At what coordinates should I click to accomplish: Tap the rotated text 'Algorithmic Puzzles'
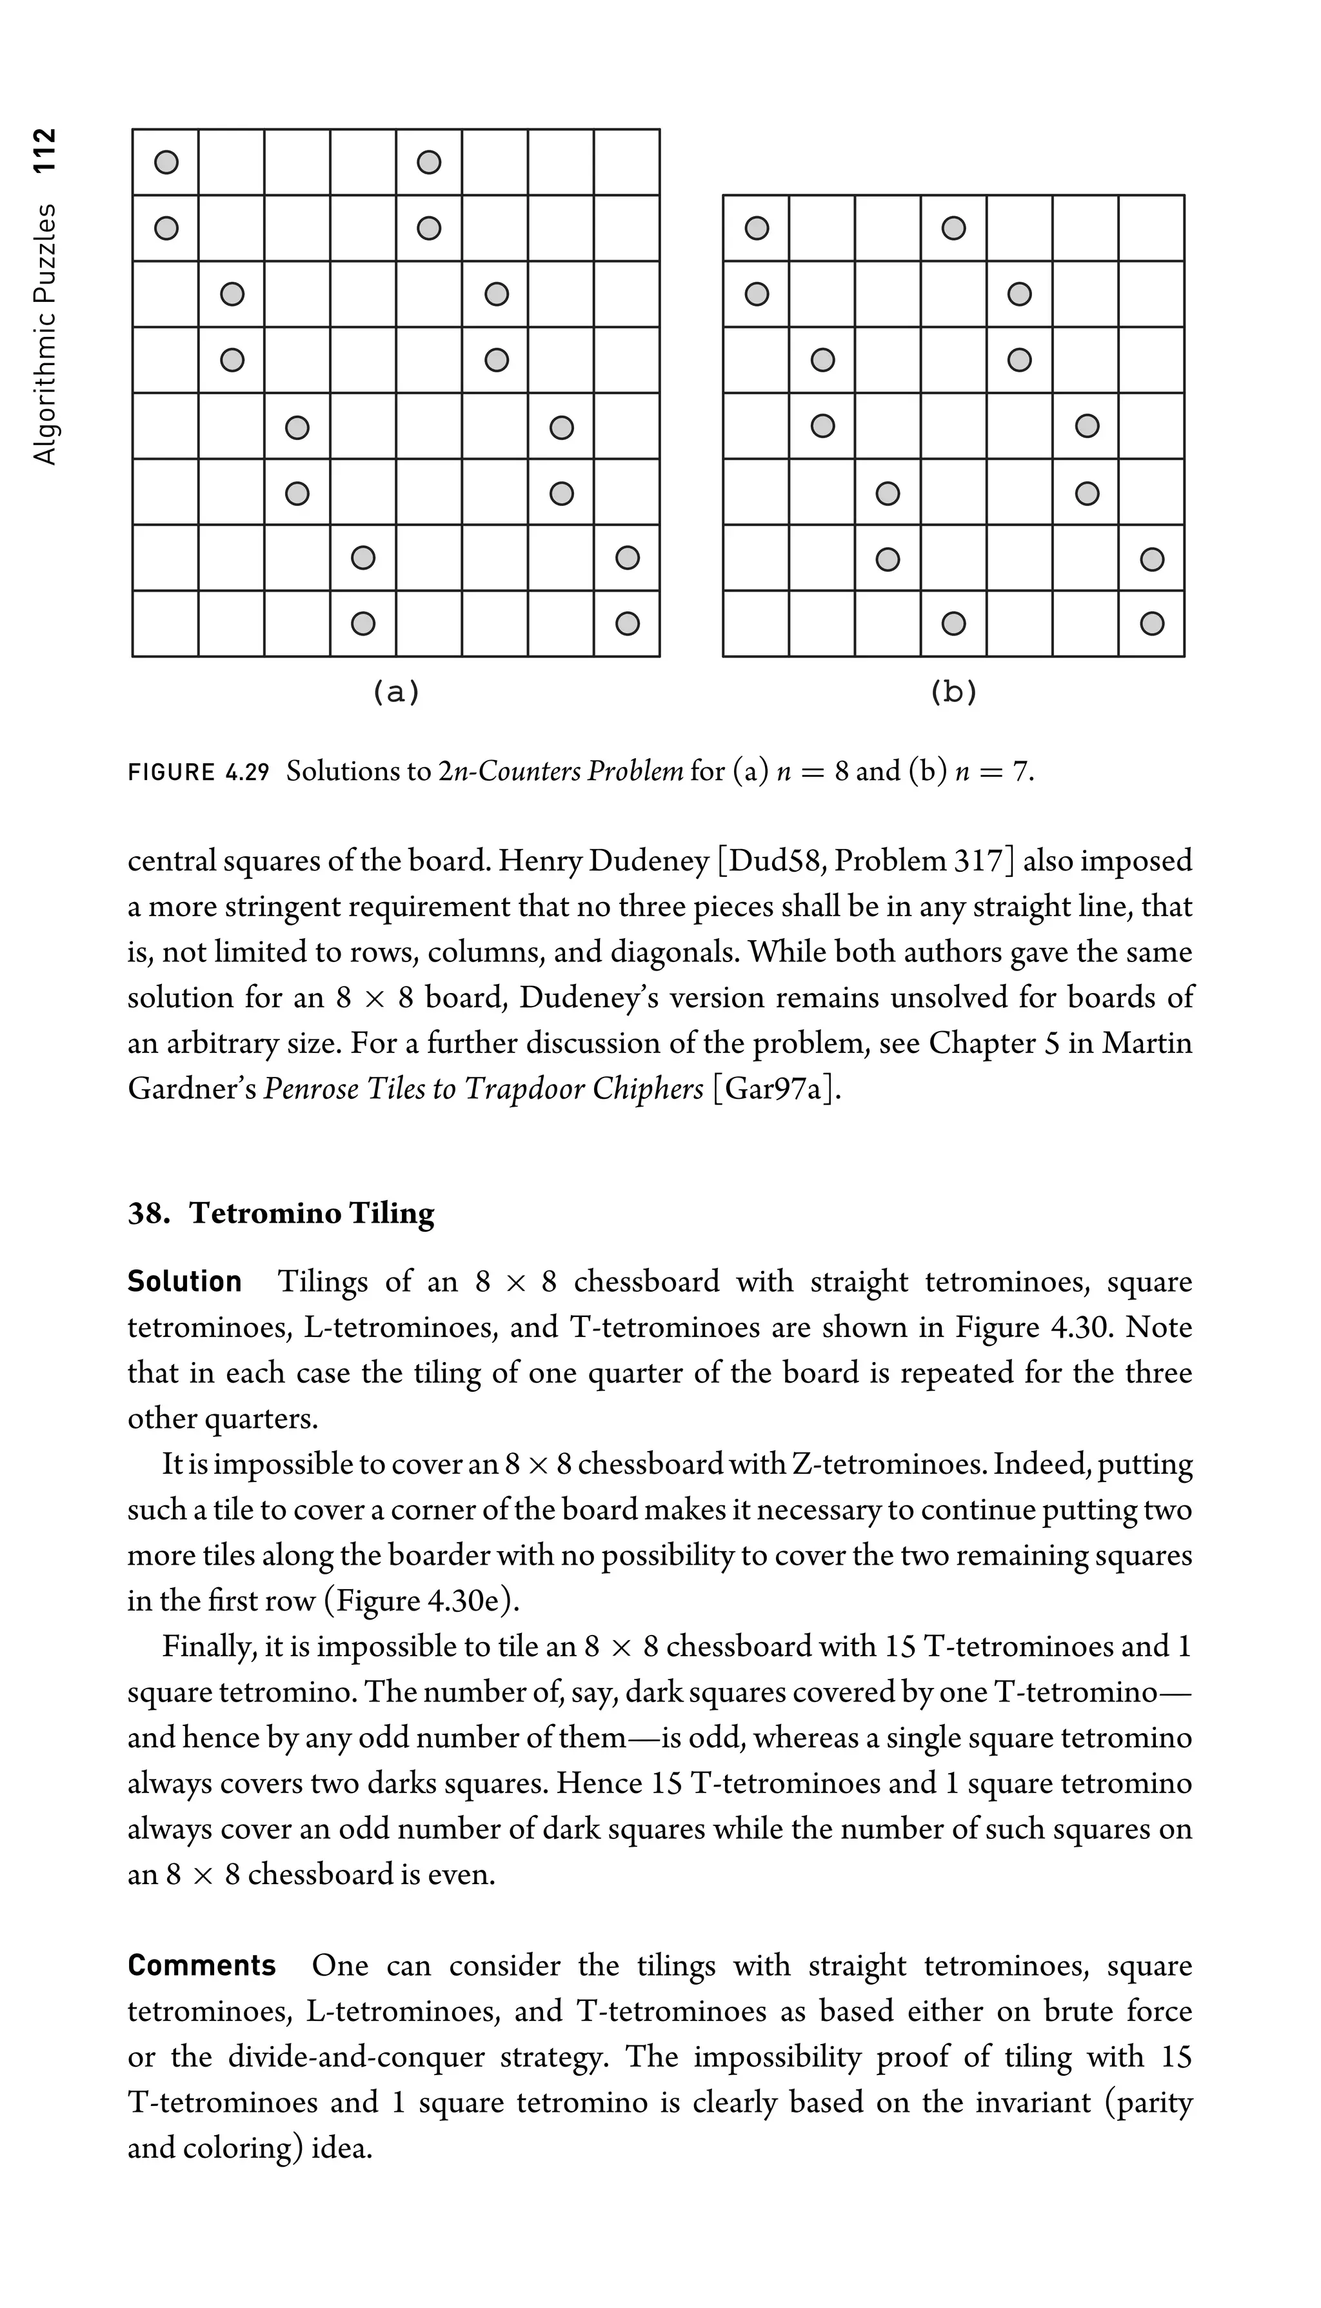(x=44, y=334)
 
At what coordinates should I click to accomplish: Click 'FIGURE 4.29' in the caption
(x=199, y=772)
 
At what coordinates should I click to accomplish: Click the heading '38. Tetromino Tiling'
(x=281, y=1214)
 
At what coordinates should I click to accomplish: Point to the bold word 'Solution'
(x=184, y=1281)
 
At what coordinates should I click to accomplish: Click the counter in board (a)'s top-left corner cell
(x=166, y=163)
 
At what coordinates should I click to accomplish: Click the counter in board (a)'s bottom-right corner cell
(x=627, y=623)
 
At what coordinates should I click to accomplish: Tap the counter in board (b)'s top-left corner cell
(x=757, y=228)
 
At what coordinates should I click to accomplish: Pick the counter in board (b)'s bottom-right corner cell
(x=1151, y=623)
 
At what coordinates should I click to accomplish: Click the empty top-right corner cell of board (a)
(x=627, y=163)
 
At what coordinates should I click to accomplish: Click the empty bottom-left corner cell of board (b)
(x=757, y=623)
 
